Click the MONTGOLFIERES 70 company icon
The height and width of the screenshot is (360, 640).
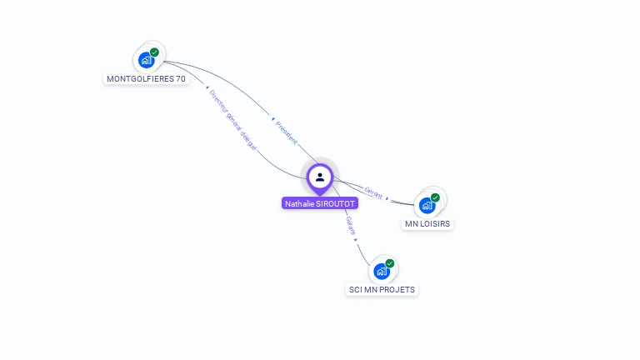(x=147, y=60)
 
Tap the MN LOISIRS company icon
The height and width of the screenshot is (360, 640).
(x=427, y=205)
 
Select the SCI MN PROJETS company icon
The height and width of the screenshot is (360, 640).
(x=382, y=271)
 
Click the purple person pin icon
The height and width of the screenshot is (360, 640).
(x=319, y=177)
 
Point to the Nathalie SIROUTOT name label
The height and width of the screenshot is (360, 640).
(x=320, y=203)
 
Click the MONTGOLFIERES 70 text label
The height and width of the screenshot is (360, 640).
(x=146, y=79)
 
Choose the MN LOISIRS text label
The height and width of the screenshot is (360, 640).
(x=428, y=224)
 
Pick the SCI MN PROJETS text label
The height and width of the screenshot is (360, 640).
(x=382, y=290)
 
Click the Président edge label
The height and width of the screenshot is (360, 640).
(x=286, y=132)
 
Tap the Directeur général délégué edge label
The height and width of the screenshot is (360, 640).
(x=232, y=119)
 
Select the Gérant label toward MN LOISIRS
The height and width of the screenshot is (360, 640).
(x=373, y=194)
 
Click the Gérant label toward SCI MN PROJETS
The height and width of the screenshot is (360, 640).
(x=351, y=226)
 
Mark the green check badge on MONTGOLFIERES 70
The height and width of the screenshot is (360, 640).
(x=154, y=52)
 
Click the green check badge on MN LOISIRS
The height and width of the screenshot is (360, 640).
(x=435, y=197)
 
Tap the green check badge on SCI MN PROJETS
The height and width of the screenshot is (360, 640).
(x=389, y=263)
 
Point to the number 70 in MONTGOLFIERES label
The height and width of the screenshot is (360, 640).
(x=180, y=79)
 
